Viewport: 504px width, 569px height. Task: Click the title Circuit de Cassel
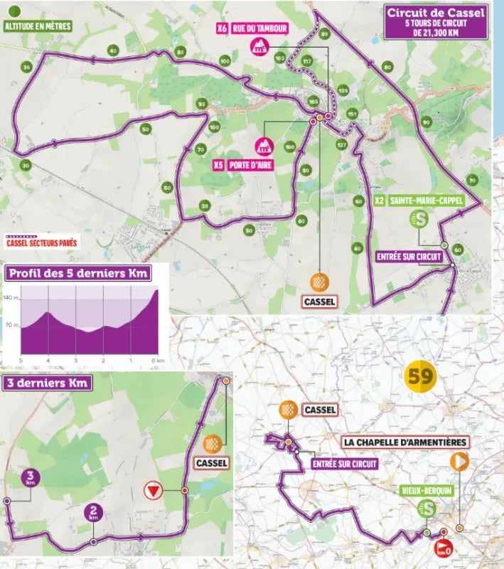[436, 12]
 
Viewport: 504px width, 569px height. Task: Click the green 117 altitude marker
[307, 61]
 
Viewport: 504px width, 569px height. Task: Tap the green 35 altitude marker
[26, 68]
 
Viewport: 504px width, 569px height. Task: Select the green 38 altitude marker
[205, 206]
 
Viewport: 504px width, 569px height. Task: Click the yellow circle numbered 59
[420, 376]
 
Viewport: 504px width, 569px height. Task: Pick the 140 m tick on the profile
[11, 299]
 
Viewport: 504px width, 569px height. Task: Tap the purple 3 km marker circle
[29, 477]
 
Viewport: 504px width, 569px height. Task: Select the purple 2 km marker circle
[93, 512]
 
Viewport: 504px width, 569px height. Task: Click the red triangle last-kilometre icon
[151, 490]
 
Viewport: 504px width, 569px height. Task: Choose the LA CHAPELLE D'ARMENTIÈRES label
[405, 442]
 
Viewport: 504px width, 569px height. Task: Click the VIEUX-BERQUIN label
[427, 490]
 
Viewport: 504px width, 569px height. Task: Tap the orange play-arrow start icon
[459, 461]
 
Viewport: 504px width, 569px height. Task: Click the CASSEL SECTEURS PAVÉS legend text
[42, 242]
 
